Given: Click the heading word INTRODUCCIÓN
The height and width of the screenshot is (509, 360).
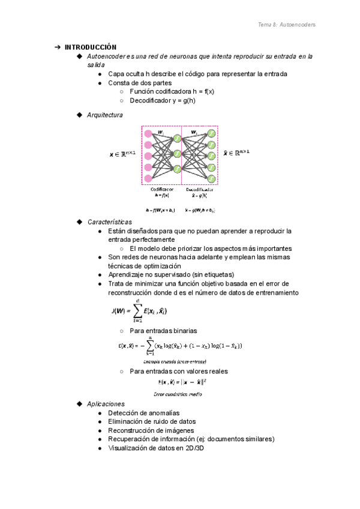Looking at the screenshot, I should point(91,47).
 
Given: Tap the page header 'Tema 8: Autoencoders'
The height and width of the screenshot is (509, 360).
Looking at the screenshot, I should point(286,25).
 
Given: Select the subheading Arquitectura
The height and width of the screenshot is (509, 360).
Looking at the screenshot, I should point(105,115).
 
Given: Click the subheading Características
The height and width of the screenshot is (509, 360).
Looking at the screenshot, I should point(109,221).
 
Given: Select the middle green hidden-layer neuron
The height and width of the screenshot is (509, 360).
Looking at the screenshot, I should point(177,154).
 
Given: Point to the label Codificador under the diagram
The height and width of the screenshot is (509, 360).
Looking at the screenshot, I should point(162,189).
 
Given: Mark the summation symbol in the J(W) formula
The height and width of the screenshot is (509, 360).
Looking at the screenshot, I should point(139,310).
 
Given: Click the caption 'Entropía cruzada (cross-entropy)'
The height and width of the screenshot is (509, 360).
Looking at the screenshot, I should point(175,361).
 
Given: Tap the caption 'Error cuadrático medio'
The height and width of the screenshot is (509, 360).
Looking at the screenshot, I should point(178,394).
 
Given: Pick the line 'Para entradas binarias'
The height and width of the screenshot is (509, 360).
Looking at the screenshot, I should point(163,331).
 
